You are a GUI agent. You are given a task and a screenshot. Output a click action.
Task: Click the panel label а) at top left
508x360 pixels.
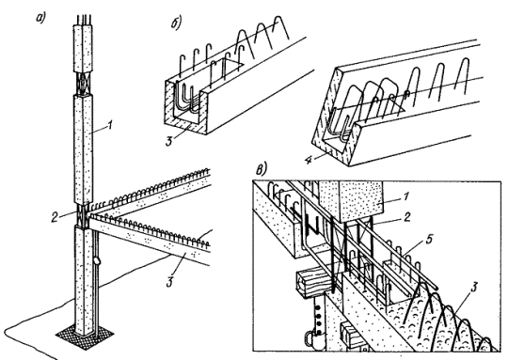click(x=40, y=19)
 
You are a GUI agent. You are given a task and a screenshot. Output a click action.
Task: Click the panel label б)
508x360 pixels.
click(x=176, y=23)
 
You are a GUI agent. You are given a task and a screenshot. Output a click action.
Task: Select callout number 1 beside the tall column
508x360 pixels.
click(x=110, y=125)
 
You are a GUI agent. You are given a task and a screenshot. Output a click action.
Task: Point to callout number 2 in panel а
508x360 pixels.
click(x=55, y=216)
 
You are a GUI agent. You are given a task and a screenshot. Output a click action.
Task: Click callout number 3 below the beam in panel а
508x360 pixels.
click(x=169, y=282)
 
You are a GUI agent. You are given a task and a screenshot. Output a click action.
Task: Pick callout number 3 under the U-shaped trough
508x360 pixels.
click(x=168, y=141)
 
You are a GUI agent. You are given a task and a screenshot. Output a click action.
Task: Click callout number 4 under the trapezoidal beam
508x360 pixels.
click(x=310, y=159)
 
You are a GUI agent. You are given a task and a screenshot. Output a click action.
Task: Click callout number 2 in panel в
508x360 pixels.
click(x=407, y=217)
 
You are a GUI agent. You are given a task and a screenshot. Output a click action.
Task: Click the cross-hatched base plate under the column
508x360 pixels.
click(x=85, y=336)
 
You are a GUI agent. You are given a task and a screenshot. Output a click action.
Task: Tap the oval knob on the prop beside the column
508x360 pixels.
click(x=96, y=260)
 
